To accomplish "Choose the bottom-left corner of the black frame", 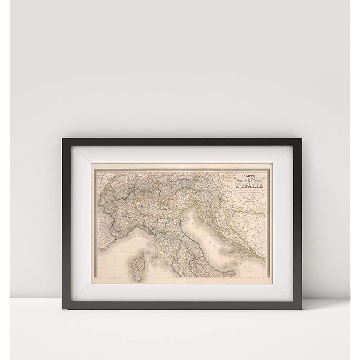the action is pyautogui.click(x=63, y=308).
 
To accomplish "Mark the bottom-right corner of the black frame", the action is pyautogui.click(x=302, y=308).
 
